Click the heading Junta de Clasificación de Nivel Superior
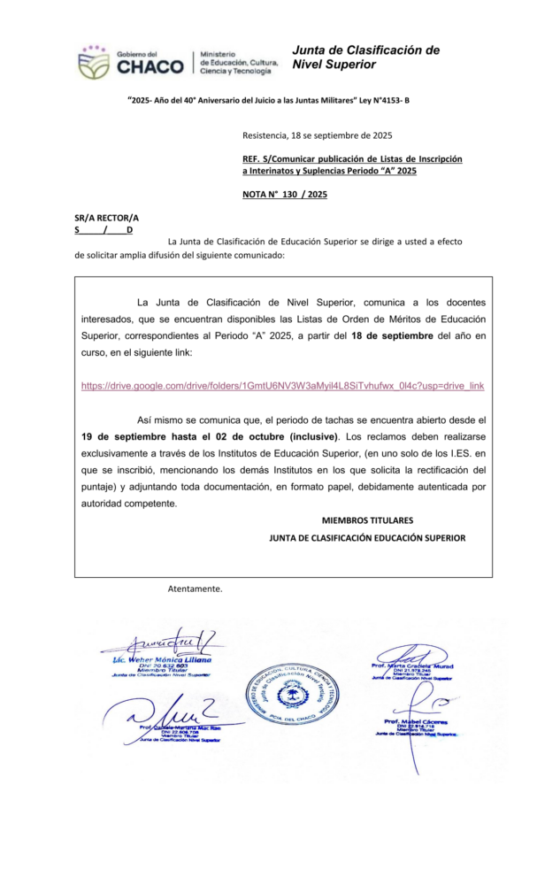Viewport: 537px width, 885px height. [364, 57]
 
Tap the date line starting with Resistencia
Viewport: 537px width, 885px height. [317, 135]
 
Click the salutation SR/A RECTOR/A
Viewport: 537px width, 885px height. [106, 217]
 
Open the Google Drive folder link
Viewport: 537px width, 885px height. [282, 387]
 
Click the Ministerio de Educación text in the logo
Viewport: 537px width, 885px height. [239, 62]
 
